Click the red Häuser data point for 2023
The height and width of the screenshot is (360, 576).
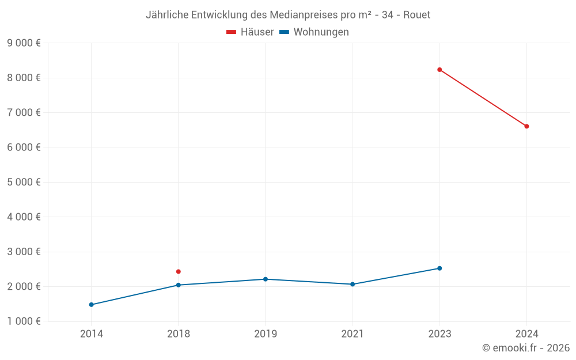coord(439,70)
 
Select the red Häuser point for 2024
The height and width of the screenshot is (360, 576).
coord(526,126)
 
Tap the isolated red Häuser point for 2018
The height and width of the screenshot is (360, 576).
coord(179,271)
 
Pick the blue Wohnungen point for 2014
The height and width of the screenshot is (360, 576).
coord(92,305)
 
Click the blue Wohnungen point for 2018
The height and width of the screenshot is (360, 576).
coord(179,285)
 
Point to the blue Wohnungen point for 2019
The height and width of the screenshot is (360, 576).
coord(266,279)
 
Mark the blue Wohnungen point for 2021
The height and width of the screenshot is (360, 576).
coord(353,284)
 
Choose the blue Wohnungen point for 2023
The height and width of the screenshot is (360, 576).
coord(439,268)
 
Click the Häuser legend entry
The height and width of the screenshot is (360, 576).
coord(250,32)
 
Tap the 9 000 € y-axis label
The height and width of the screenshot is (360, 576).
coord(24,43)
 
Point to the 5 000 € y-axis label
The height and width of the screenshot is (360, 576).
coord(24,182)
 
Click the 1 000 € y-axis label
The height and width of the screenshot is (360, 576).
coord(24,321)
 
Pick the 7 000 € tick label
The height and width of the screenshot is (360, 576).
coord(24,113)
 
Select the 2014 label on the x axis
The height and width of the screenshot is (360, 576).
coord(92,334)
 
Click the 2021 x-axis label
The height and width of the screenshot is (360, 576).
coord(353,334)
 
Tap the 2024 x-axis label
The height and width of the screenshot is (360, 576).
coord(526,334)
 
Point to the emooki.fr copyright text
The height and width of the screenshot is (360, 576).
coord(526,348)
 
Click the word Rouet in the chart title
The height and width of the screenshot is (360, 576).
coord(416,14)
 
